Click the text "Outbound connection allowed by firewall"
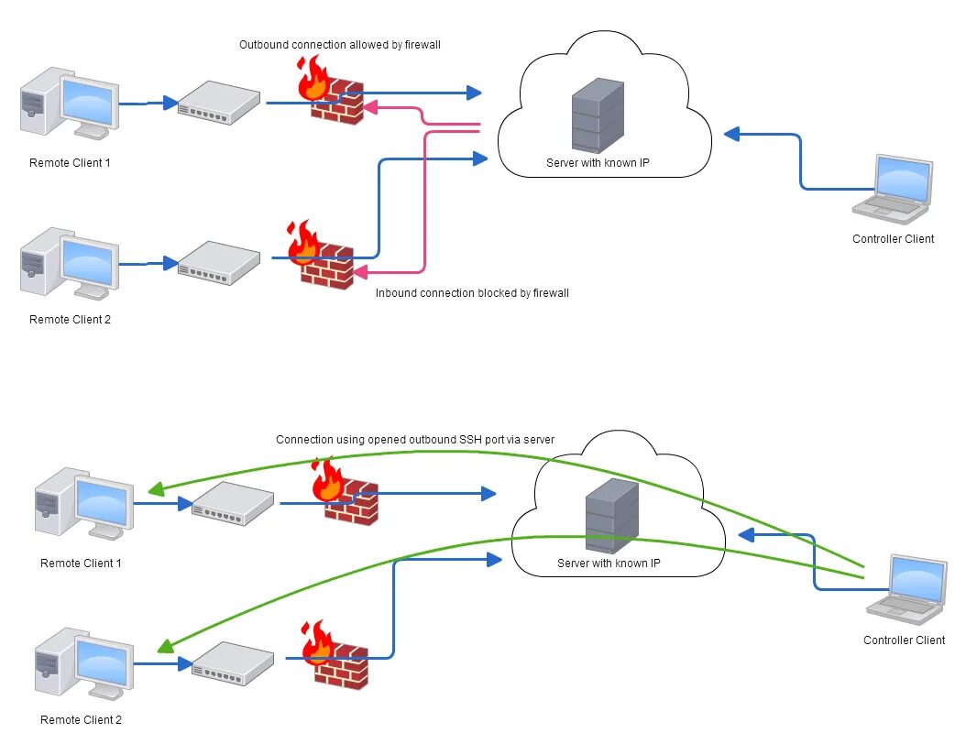pyautogui.click(x=340, y=44)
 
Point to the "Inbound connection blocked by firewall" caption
pyautogui.click(x=472, y=293)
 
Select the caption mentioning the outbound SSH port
pyautogui.click(x=415, y=440)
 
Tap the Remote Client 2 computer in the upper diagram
pyautogui.click(x=70, y=263)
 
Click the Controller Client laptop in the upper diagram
pyautogui.click(x=892, y=190)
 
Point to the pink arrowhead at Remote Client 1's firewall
pyautogui.click(x=369, y=108)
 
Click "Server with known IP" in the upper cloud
pyautogui.click(x=598, y=163)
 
